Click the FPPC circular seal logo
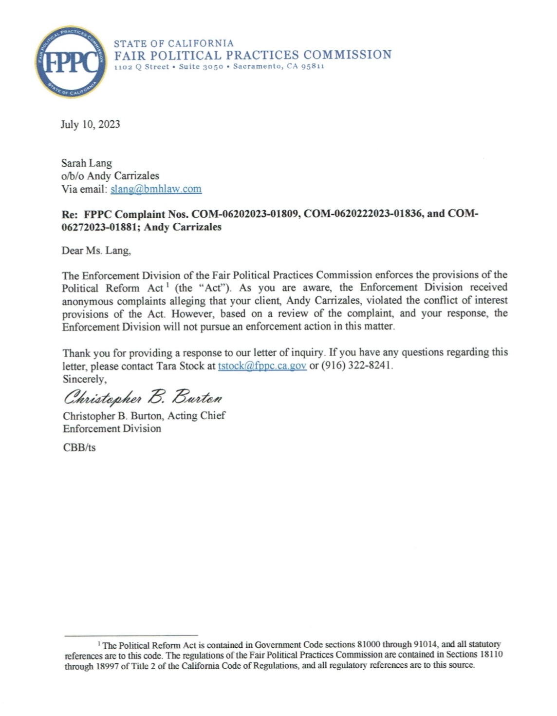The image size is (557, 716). click(71, 62)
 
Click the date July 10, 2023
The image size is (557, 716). click(90, 124)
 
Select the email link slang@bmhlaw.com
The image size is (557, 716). click(156, 189)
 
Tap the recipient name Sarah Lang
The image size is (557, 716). click(86, 163)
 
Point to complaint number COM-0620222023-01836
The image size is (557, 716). click(364, 214)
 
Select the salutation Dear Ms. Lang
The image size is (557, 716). click(96, 251)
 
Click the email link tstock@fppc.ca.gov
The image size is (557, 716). click(262, 366)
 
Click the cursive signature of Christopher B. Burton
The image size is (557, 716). click(143, 398)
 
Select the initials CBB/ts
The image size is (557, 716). click(79, 447)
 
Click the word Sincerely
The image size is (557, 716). click(84, 379)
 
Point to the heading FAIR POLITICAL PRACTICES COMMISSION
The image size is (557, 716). click(253, 55)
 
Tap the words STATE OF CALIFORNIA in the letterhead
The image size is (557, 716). click(174, 43)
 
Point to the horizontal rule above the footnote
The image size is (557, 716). click(131, 635)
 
